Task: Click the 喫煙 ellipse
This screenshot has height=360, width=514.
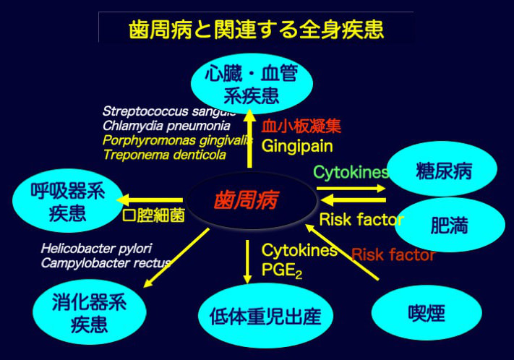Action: tap(426, 312)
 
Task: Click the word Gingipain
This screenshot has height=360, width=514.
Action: tap(297, 146)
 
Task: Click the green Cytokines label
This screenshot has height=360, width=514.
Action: tap(350, 172)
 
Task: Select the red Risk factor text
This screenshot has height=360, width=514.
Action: tap(393, 254)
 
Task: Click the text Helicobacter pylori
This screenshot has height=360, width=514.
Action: tap(96, 248)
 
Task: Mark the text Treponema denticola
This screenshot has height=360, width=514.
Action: tap(164, 154)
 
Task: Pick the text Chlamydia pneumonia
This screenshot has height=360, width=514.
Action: tap(166, 125)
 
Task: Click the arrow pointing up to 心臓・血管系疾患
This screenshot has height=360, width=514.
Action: tap(249, 137)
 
